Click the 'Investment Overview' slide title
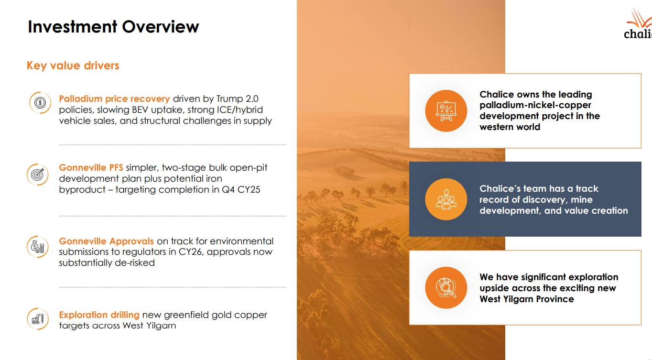pyautogui.click(x=113, y=27)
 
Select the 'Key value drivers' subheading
pyautogui.click(x=73, y=65)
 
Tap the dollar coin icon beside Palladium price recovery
pyautogui.click(x=40, y=102)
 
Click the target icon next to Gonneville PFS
pyautogui.click(x=38, y=175)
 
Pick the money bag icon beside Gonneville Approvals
pyautogui.click(x=38, y=247)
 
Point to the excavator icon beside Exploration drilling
pyautogui.click(x=38, y=319)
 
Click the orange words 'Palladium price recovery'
pyautogui.click(x=114, y=99)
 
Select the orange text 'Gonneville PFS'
pyautogui.click(x=91, y=168)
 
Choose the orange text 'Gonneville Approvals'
pyautogui.click(x=106, y=241)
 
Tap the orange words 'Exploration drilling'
pyautogui.click(x=99, y=315)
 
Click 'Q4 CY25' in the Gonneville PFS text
pyautogui.click(x=241, y=190)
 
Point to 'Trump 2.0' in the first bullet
pyautogui.click(x=237, y=99)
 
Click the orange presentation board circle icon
pyautogui.click(x=446, y=111)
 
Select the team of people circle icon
pyautogui.click(x=446, y=199)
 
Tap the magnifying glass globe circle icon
pyautogui.click(x=446, y=288)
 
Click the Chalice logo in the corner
pyautogui.click(x=638, y=24)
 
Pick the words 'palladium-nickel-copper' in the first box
pyautogui.click(x=535, y=105)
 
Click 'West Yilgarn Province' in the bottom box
pyautogui.click(x=527, y=299)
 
